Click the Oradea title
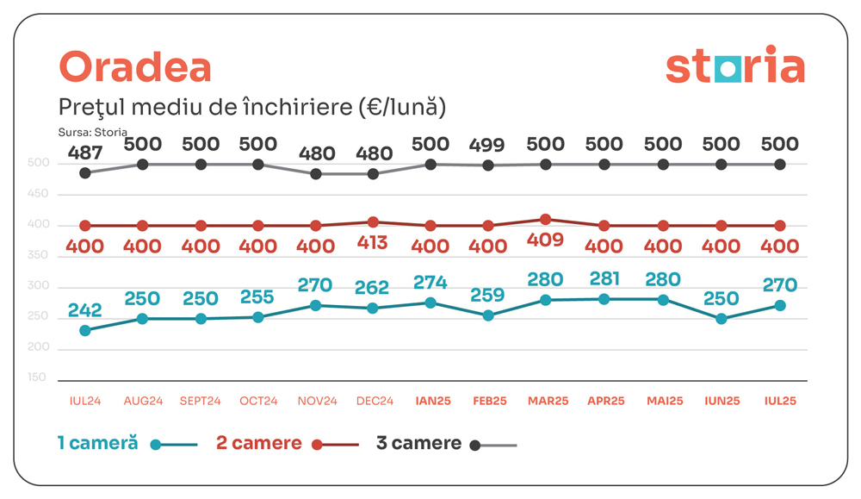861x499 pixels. (134, 67)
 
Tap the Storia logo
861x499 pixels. (734, 66)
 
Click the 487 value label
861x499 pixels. (85, 153)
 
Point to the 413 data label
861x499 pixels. (372, 244)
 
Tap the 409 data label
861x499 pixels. (545, 240)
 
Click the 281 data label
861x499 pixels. (604, 280)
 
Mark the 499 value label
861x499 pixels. (488, 145)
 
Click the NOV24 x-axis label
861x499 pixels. (315, 401)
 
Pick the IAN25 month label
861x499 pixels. (430, 401)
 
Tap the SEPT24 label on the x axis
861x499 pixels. (201, 401)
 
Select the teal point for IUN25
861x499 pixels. (721, 319)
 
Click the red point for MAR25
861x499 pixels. (546, 220)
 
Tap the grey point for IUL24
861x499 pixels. (85, 173)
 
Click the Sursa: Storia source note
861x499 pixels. (92, 132)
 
